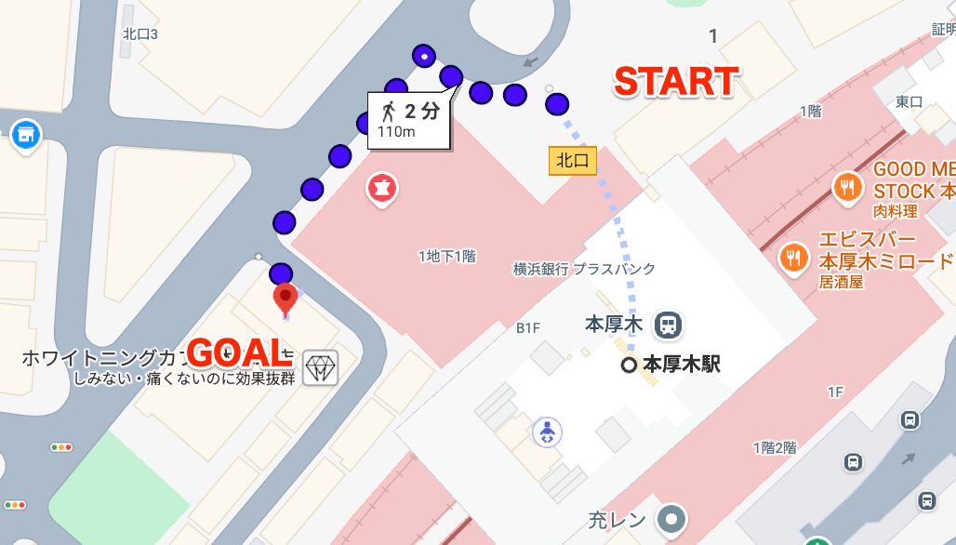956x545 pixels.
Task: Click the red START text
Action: coord(676,82)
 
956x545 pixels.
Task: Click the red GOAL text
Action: coord(234,352)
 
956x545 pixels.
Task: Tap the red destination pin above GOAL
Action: coord(285,299)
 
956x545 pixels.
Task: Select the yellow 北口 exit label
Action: coord(572,161)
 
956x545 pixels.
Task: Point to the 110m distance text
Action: coord(395,132)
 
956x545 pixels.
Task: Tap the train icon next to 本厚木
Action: coord(667,325)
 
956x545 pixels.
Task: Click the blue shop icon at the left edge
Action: coord(26,135)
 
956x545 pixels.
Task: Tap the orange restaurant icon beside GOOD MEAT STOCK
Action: coord(846,187)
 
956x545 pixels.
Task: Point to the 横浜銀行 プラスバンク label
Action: coord(584,269)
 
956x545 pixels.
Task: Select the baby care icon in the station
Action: coord(547,432)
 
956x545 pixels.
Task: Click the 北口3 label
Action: coord(140,34)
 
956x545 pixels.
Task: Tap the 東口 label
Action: coord(908,100)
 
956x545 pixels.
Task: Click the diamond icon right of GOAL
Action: coord(321,367)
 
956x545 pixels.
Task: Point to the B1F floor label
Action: coord(528,327)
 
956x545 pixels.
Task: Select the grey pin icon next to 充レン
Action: coord(670,519)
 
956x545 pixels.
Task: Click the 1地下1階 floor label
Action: coord(446,256)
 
